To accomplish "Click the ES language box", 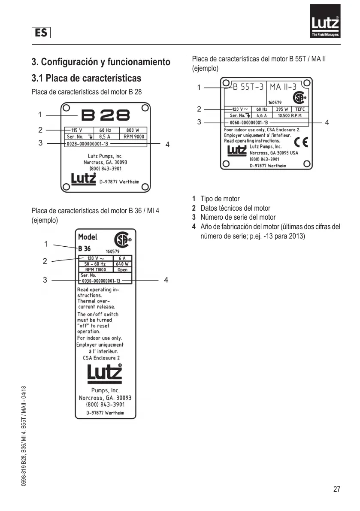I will (x=41, y=32).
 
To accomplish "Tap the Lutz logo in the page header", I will (x=325, y=21).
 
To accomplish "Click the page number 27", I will (x=336, y=489).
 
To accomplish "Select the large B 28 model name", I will (x=106, y=115).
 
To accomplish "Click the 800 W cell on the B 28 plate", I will (x=133, y=130).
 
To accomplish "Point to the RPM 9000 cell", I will (x=134, y=136).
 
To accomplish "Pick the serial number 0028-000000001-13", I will (x=88, y=144).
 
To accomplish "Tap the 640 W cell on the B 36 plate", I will (x=122, y=264).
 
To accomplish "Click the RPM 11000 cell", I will (x=96, y=269).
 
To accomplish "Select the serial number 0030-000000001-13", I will (x=101, y=280).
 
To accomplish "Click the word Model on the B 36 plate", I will (x=88, y=236).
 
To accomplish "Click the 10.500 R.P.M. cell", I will (x=290, y=115).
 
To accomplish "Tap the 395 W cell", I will (x=282, y=109).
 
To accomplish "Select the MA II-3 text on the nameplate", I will (x=283, y=87).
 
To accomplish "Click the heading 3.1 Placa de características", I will (x=86, y=79).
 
